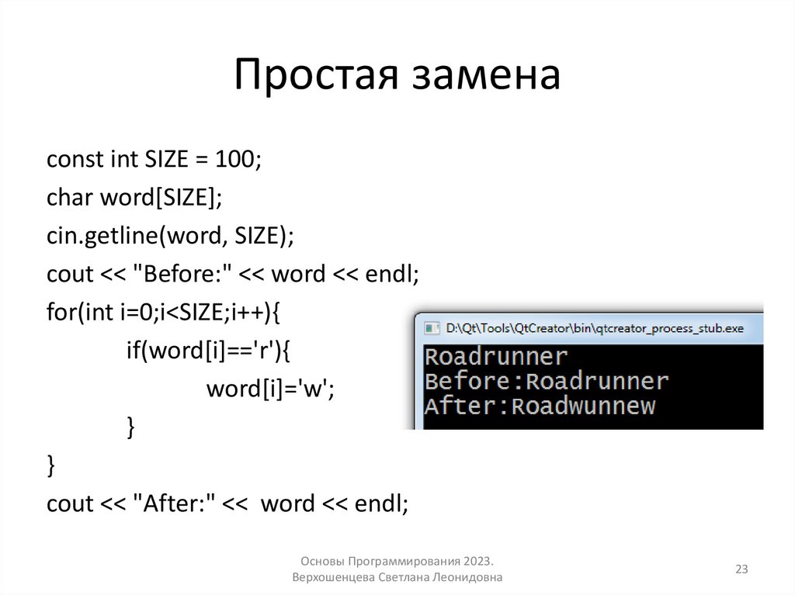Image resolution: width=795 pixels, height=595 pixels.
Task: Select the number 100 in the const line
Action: coord(236,160)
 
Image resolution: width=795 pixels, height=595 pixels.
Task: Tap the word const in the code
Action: coord(75,160)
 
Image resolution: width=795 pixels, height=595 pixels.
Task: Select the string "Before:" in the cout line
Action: coord(181,275)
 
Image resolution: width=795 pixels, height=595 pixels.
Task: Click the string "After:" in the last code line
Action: coord(172,503)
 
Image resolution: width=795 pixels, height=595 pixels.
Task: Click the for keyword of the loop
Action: coord(59,313)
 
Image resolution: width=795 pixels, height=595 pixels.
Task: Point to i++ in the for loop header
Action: coord(248,313)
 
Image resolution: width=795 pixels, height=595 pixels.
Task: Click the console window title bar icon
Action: coord(431,328)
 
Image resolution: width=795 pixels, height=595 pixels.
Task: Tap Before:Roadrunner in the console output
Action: coord(547,381)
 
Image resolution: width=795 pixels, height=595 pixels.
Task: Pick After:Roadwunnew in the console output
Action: coord(540,405)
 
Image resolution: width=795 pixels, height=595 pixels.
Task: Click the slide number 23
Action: coord(741,570)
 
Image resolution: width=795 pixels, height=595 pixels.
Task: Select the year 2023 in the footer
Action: coord(479,561)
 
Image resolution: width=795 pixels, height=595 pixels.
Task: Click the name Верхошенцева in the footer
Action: coord(334,578)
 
